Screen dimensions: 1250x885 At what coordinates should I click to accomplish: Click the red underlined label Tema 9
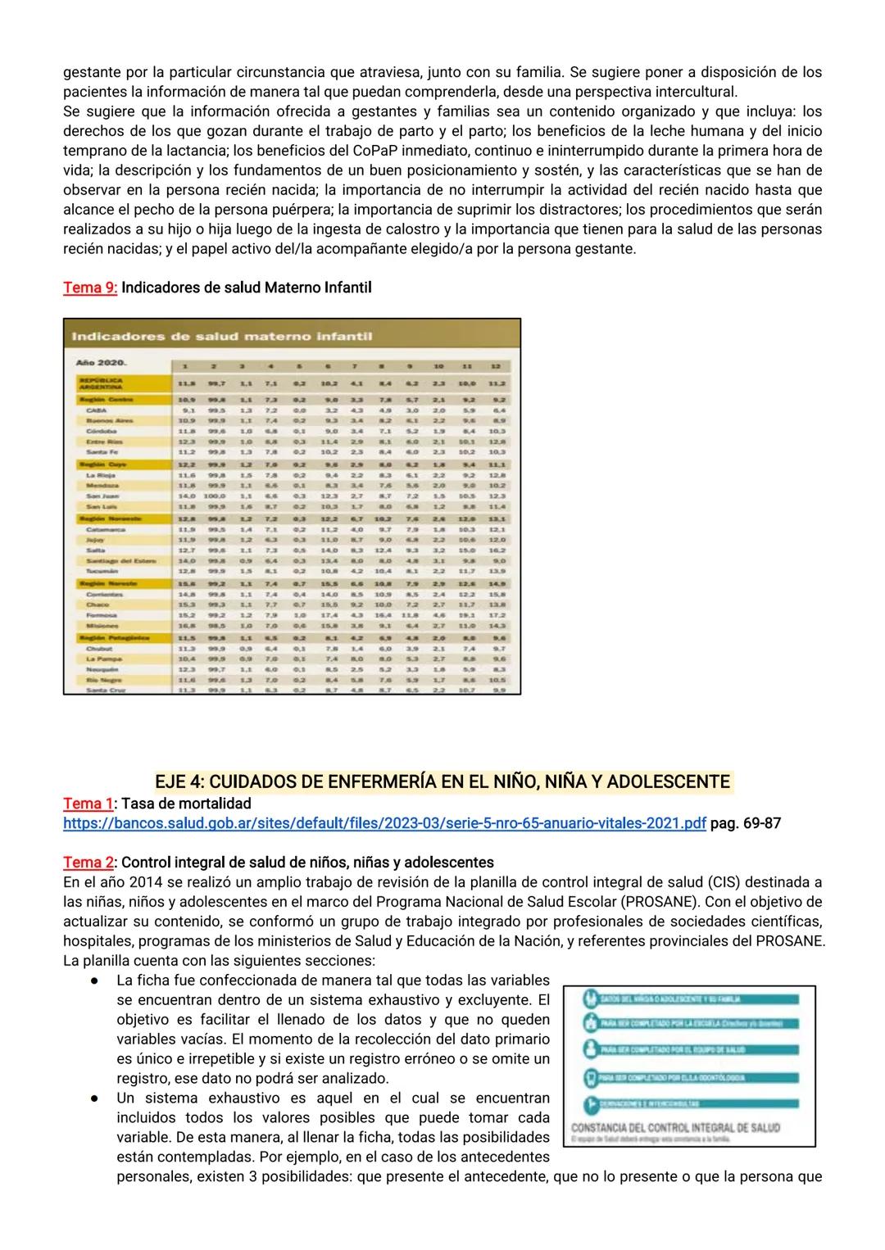pos(90,288)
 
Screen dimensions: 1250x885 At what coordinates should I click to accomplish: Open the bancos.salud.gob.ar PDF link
pos(384,823)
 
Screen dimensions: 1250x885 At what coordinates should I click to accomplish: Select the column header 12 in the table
pos(496,365)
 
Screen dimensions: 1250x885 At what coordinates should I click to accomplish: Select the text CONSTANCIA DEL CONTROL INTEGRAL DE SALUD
pos(675,1127)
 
